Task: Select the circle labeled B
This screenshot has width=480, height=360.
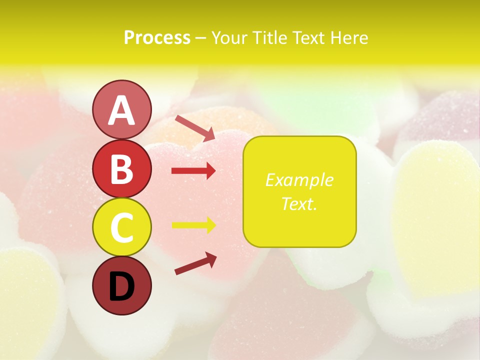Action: pyautogui.click(x=122, y=168)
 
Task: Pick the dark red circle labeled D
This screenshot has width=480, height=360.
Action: pyautogui.click(x=122, y=285)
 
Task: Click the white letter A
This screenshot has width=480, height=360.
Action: pyautogui.click(x=122, y=110)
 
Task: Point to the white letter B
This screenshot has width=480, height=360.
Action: pyautogui.click(x=122, y=169)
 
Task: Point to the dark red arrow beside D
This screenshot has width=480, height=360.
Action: pyautogui.click(x=195, y=263)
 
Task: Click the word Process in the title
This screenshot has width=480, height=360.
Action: pyautogui.click(x=157, y=37)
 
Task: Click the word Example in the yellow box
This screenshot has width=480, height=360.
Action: pyautogui.click(x=299, y=180)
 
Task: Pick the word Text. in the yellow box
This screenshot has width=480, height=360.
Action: pyautogui.click(x=299, y=203)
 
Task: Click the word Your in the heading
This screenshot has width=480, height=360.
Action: pyautogui.click(x=229, y=37)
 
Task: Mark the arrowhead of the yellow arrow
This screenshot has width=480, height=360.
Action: pyautogui.click(x=210, y=225)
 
